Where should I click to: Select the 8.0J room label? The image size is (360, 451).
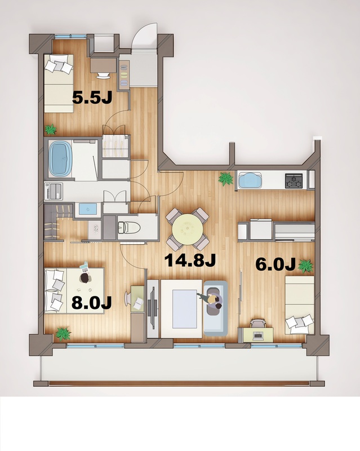(x=92, y=303)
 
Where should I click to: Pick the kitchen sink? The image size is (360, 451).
(x=251, y=181)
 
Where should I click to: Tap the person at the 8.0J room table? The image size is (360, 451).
(x=85, y=275)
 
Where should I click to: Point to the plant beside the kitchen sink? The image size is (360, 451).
(x=226, y=179)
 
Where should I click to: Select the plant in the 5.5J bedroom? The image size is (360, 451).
(x=51, y=130)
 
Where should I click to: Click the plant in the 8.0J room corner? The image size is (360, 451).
(x=62, y=334)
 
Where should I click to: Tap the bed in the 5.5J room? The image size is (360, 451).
(x=60, y=85)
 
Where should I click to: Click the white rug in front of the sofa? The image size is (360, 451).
(x=181, y=307)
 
